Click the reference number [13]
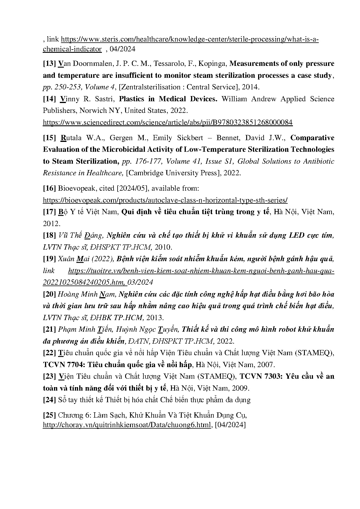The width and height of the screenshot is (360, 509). (x=49, y=64)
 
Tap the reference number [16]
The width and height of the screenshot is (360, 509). (x=49, y=188)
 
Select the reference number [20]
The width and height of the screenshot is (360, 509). (x=49, y=294)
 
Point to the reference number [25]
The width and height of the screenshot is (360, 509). (x=49, y=415)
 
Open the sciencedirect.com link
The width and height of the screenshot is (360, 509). (x=168, y=122)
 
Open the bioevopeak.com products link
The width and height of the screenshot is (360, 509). (x=165, y=200)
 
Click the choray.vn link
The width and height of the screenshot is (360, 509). (x=127, y=425)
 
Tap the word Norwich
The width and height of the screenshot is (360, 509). (x=93, y=111)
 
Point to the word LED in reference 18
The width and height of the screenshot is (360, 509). (x=297, y=235)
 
